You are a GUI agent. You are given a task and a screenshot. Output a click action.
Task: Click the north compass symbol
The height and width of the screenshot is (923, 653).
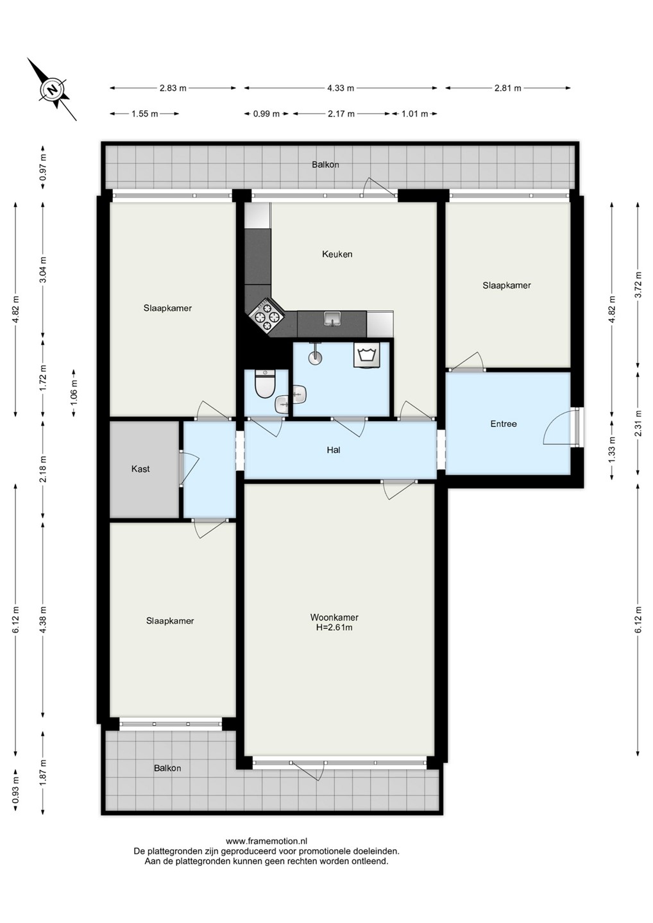(53, 90)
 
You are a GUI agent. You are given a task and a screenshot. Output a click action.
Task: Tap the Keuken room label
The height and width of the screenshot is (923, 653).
(337, 254)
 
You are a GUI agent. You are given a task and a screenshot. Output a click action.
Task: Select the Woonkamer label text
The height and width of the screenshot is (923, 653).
(334, 618)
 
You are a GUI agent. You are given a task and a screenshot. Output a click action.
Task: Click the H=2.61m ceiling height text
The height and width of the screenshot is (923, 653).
(334, 628)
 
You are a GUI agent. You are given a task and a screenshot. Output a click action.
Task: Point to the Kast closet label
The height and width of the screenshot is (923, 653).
(140, 469)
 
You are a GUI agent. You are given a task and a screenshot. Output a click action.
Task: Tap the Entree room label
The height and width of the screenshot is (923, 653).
(504, 424)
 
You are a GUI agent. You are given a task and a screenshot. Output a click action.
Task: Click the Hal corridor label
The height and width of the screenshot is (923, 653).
(334, 451)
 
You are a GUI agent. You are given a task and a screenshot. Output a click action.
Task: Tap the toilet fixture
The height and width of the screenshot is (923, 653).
(262, 384)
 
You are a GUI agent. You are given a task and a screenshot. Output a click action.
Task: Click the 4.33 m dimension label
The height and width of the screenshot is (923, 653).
(341, 88)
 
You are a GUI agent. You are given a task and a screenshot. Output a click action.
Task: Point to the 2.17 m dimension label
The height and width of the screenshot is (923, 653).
(341, 114)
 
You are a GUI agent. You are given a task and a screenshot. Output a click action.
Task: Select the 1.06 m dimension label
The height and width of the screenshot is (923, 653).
(74, 393)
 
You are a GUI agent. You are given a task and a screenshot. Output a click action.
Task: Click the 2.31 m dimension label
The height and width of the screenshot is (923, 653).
(638, 424)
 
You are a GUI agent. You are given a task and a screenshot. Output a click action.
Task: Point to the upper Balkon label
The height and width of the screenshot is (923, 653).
(325, 165)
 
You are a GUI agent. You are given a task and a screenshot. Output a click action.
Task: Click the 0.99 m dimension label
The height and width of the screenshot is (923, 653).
(266, 114)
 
